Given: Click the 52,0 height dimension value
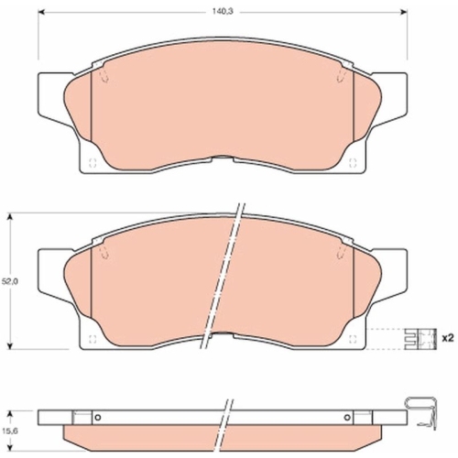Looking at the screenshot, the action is (x=10, y=281).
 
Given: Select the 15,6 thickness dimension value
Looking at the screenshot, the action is (x=10, y=431).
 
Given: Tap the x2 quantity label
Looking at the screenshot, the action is (x=448, y=338).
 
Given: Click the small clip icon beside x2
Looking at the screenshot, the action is (x=420, y=339).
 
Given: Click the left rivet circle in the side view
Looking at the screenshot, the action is (x=98, y=418).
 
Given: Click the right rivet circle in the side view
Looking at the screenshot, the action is (x=347, y=418).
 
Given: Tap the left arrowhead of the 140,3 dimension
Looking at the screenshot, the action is (x=41, y=12).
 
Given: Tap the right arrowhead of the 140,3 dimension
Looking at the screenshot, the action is (x=404, y=12).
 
